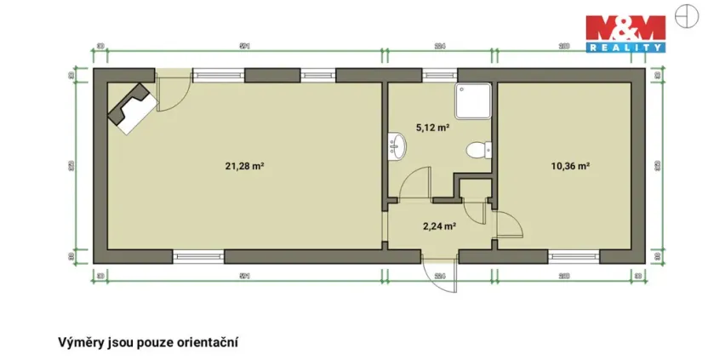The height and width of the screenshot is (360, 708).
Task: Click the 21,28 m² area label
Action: click(243, 166)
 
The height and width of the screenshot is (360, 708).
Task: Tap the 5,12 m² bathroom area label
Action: click(432, 128)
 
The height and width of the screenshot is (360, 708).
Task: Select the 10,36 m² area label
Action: click(571, 166)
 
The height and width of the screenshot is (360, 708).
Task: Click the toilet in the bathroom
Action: click(480, 151)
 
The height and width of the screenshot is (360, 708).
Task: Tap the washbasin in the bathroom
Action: click(398, 147)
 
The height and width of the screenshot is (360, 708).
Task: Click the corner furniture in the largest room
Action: click(130, 107)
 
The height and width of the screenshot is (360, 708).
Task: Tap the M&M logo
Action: click(626, 30)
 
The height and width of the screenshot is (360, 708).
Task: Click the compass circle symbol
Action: click(686, 14)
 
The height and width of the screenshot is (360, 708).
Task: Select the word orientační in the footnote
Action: click(204, 342)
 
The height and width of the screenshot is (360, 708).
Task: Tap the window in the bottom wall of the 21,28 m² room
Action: click(199, 254)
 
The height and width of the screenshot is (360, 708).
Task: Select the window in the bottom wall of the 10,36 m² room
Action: click(574, 254)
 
